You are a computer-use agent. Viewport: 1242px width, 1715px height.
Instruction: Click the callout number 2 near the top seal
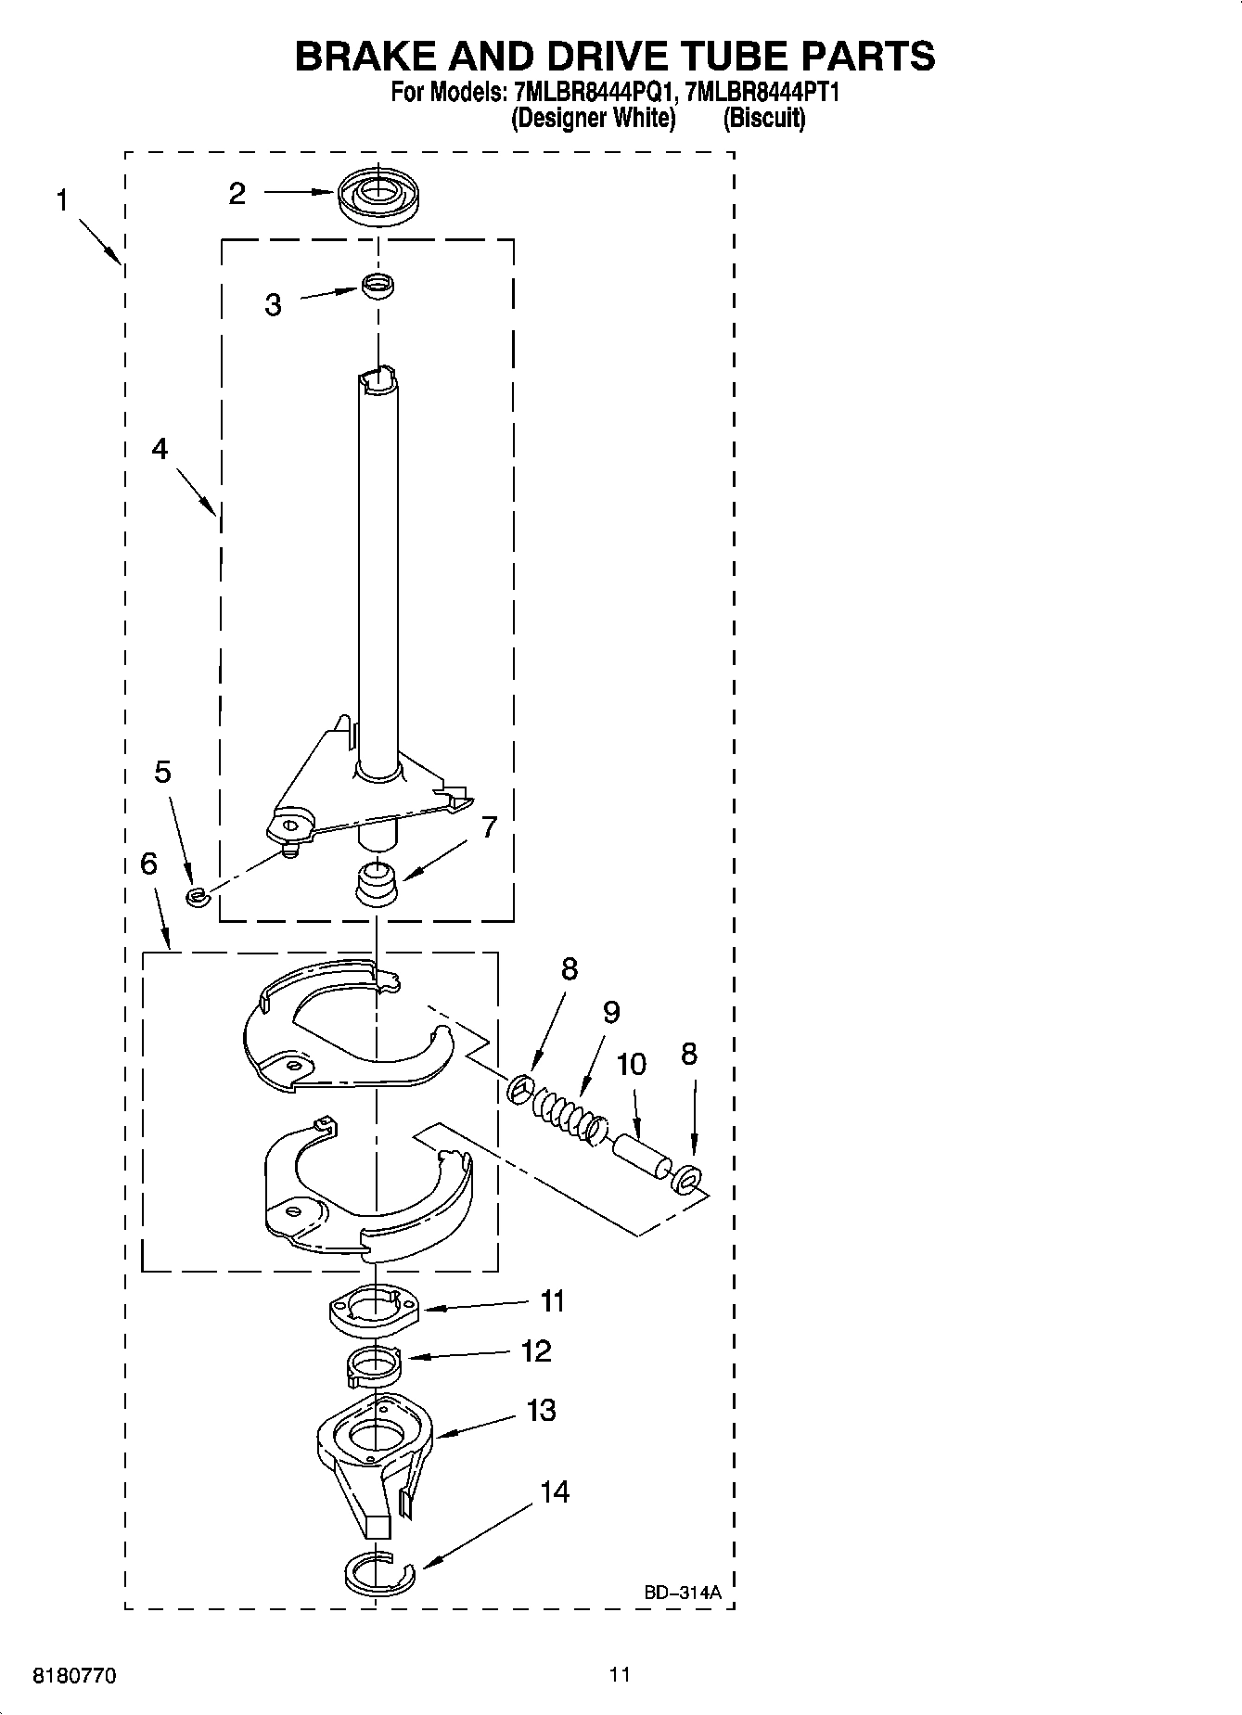237,194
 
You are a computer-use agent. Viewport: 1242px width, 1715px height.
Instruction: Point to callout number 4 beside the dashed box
160,449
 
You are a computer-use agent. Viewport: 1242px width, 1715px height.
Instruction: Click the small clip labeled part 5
195,896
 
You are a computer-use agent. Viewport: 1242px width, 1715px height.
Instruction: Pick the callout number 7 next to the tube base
489,826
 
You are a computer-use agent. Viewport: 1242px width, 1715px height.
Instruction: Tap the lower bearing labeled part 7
377,882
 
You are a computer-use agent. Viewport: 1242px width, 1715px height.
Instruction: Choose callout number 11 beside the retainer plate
553,1301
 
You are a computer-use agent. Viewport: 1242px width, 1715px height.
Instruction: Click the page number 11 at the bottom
620,1674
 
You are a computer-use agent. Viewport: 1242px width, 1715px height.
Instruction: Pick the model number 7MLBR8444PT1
762,93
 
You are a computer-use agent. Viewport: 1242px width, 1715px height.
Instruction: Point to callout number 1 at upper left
62,200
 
